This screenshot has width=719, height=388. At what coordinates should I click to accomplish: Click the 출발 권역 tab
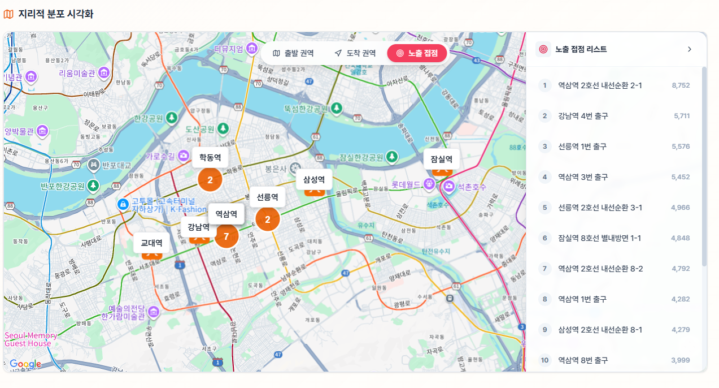(293, 53)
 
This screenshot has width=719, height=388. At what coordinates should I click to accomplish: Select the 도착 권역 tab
(355, 53)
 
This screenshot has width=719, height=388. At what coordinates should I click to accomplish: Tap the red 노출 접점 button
(417, 53)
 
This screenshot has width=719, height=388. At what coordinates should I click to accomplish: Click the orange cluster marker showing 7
(226, 236)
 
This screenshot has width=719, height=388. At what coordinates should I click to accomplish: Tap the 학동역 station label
(210, 157)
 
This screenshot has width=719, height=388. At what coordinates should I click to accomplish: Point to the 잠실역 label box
(441, 159)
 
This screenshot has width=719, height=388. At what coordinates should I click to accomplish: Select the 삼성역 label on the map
(314, 179)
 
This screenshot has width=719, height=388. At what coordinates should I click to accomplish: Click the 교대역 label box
(151, 243)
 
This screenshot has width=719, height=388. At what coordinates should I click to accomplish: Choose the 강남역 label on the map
(198, 227)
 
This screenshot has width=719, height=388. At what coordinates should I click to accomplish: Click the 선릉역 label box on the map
(267, 197)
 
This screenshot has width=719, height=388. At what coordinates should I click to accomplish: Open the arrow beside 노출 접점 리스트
(689, 49)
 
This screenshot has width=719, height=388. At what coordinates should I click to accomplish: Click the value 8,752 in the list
(681, 85)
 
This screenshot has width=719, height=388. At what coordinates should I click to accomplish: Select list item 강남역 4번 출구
(583, 116)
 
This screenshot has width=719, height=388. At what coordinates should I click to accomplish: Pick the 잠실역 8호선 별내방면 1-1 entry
(599, 238)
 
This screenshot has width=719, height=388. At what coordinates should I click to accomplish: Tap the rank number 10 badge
(544, 360)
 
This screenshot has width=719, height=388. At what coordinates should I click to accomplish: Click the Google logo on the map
(25, 364)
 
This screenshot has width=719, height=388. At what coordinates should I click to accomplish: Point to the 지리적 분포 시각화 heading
(55, 14)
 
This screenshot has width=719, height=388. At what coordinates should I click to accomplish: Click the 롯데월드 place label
(406, 184)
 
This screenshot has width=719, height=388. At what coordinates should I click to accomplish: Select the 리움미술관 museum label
(77, 73)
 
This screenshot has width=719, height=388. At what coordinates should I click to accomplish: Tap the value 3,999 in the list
(681, 360)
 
